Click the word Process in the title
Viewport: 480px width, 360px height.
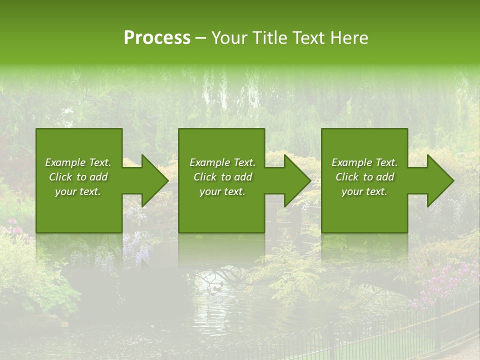click(157, 38)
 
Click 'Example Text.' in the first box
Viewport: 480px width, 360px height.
click(78, 162)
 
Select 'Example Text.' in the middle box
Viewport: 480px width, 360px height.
click(222, 162)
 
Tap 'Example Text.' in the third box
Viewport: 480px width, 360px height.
click(364, 162)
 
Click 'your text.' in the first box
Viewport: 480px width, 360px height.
click(78, 191)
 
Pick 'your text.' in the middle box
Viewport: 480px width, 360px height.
click(222, 191)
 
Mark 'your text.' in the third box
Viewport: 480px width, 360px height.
click(364, 191)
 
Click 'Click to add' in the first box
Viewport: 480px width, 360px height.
click(78, 177)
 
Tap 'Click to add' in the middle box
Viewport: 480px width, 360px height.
click(222, 177)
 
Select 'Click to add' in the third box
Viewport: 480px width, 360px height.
click(364, 177)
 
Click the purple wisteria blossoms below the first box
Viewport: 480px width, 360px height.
click(135, 245)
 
